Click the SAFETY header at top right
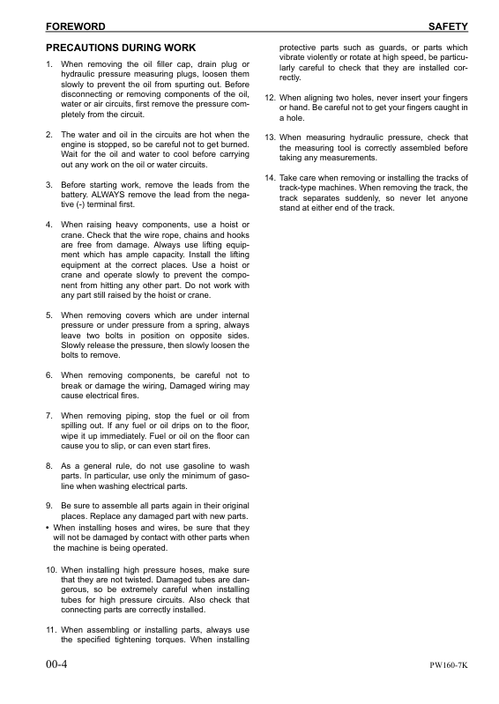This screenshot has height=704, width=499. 447,27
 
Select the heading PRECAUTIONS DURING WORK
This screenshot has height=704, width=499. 120,47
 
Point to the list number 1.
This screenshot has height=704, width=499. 48,65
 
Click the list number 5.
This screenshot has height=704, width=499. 48,315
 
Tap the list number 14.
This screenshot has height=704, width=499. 271,177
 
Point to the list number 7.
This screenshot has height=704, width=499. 48,415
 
